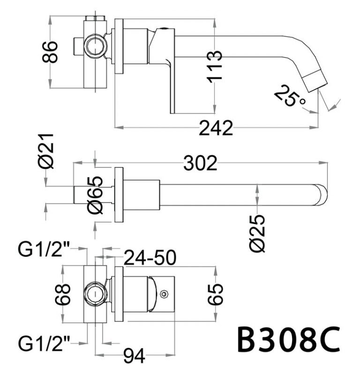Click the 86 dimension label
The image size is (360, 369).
point(51,52)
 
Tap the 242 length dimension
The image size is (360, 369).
point(216,128)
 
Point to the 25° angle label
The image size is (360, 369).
point(289,96)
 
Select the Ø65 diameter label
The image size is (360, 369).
point(95,196)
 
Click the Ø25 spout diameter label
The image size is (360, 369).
point(257,233)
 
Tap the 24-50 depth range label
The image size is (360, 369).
point(150,257)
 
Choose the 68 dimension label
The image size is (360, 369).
point(65,294)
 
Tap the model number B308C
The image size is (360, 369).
point(288,339)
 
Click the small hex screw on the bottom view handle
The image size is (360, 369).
point(164,294)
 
